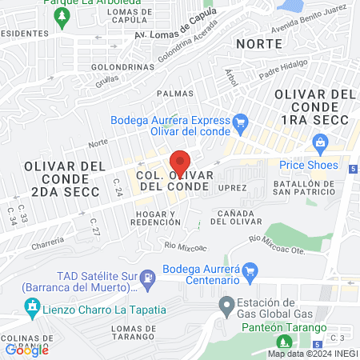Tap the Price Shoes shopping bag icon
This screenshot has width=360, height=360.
pyautogui.click(x=321, y=145)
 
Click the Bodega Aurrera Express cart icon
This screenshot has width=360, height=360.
pyautogui.click(x=240, y=122)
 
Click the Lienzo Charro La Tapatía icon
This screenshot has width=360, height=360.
pyautogui.click(x=31, y=306)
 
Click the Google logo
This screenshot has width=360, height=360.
pyautogui.click(x=27, y=349)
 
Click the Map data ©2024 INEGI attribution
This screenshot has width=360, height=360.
pyautogui.click(x=311, y=354)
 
